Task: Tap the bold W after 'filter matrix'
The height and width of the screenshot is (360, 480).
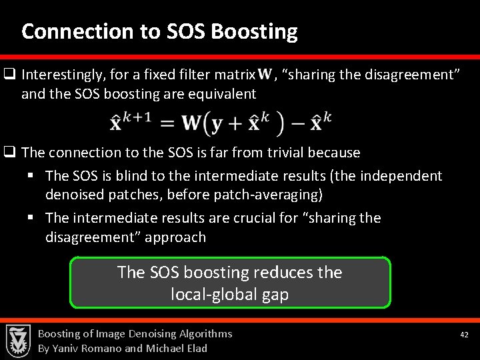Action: point(264,74)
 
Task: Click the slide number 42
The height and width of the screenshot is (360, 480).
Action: point(465,335)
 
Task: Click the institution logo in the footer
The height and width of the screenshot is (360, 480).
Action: point(18,341)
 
